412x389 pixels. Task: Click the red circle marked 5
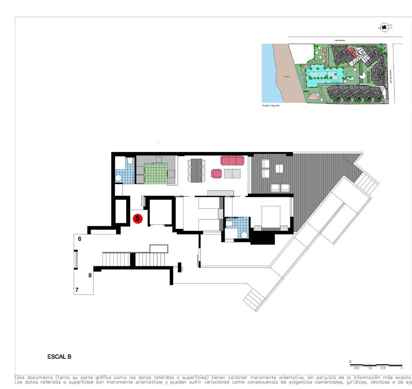pyautogui.click(x=137, y=219)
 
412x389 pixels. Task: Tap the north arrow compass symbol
pyautogui.click(x=385, y=27)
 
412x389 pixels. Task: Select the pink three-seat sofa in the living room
pyautogui.click(x=232, y=160)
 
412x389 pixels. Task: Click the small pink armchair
pyautogui.click(x=216, y=174)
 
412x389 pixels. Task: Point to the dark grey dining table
pyautogui.click(x=197, y=170)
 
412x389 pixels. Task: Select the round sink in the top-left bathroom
pyautogui.click(x=118, y=178)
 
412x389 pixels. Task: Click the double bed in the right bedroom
pyautogui.click(x=270, y=217)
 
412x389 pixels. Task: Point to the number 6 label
pyautogui.click(x=79, y=239)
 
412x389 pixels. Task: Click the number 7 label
pyautogui.click(x=77, y=290)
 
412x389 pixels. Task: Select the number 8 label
pyautogui.click(x=90, y=275)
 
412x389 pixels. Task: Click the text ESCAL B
pyautogui.click(x=59, y=357)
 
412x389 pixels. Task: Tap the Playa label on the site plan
pyautogui.click(x=287, y=77)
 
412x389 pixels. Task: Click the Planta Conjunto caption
pyautogui.click(x=271, y=106)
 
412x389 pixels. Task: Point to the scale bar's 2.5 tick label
pyautogui.click(x=383, y=368)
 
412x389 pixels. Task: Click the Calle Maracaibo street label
pyautogui.click(x=340, y=40)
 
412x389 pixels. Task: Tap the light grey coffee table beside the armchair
pyautogui.click(x=232, y=174)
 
